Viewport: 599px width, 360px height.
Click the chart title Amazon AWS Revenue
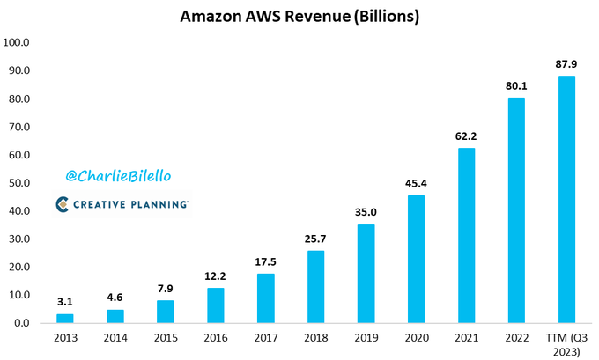[299, 17]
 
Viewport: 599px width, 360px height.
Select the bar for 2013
[65, 319]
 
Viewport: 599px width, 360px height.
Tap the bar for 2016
[216, 305]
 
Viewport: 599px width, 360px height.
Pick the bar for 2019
[366, 274]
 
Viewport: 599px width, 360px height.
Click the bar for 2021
[466, 235]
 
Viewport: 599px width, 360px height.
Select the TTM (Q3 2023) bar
[566, 200]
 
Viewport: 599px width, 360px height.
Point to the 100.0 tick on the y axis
[17, 42]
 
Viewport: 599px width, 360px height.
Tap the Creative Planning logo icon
[63, 204]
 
